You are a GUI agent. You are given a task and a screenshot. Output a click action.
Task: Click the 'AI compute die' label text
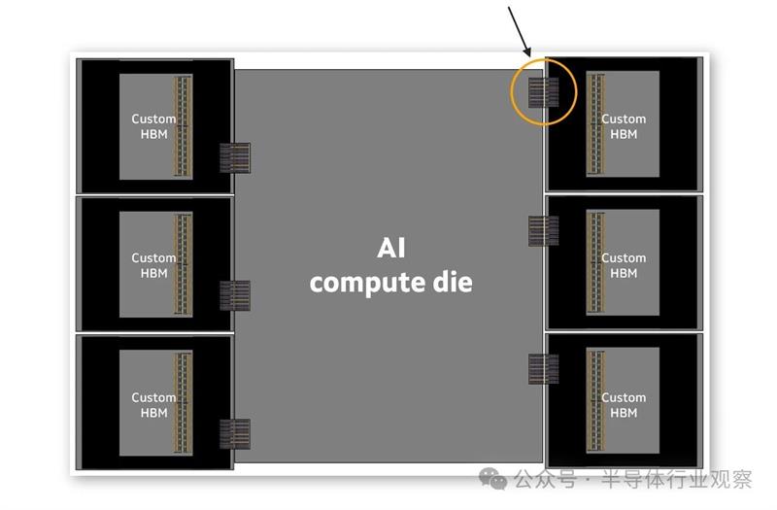point(390,266)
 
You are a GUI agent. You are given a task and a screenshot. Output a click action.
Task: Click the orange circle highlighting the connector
point(544,93)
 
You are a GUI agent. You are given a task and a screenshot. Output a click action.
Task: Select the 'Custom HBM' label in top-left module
point(153,126)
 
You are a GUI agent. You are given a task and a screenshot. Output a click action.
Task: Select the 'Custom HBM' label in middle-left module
point(153,265)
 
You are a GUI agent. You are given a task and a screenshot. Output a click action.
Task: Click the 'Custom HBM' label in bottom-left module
point(153,404)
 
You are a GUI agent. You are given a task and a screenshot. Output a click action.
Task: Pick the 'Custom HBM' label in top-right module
point(624,126)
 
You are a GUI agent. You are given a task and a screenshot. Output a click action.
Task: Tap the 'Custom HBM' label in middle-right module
point(624,265)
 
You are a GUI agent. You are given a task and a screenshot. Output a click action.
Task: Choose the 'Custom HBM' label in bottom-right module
point(624,404)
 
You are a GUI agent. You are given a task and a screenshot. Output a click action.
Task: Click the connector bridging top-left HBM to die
point(234,157)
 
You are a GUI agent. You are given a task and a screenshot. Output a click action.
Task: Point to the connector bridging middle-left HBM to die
point(234,295)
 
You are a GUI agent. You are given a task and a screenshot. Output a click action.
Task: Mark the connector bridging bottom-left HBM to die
point(234,433)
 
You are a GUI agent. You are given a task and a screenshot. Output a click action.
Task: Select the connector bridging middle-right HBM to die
point(543,231)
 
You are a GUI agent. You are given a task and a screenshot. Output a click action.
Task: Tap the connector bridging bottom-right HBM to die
point(543,369)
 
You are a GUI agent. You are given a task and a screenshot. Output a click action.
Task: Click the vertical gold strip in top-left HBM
point(181,126)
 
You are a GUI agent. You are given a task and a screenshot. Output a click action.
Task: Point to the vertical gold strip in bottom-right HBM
point(595,404)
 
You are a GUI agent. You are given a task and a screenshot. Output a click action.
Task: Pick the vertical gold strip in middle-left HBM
point(181,265)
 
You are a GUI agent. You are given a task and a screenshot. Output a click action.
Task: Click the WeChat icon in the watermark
point(496,479)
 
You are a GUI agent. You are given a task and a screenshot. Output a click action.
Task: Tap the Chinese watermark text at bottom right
point(632,479)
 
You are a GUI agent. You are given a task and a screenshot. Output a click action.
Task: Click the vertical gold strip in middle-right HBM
point(595,265)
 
